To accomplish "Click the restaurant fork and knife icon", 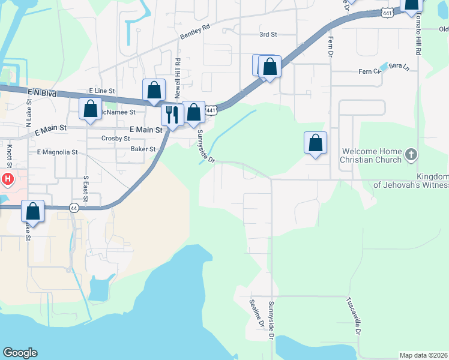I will tap(172, 115).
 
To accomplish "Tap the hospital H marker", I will tap(7, 179).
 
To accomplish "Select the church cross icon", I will tap(411, 155).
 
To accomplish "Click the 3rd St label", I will tap(268, 34).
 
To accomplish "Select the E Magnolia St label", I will tap(58, 152).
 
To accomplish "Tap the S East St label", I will tap(86, 188).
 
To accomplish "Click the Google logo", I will tap(20, 353).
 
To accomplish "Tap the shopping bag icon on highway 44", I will tap(33, 211).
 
